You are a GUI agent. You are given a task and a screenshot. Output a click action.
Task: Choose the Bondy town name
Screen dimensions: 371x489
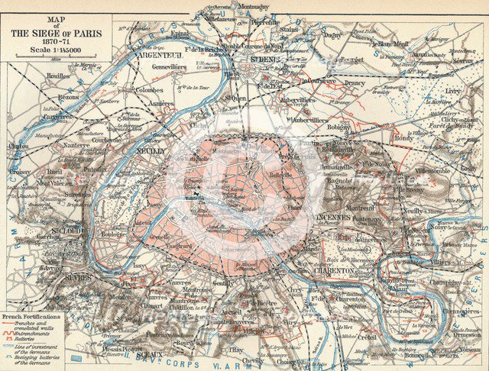pyautogui.click(x=403, y=137)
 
